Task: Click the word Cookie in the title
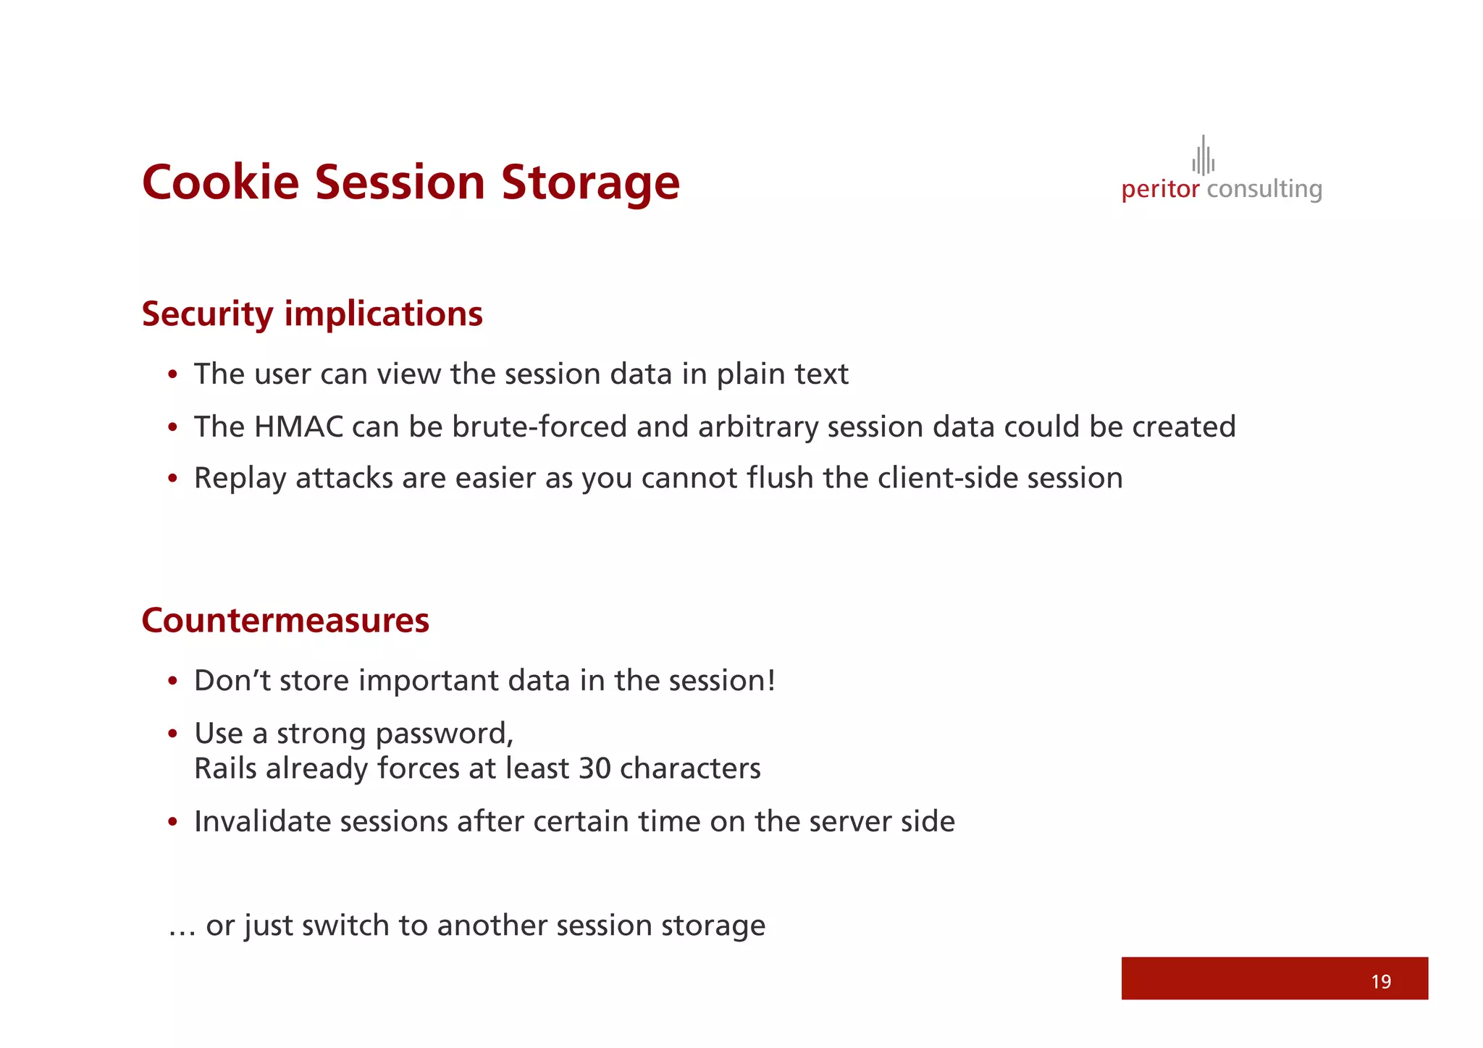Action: coord(220,182)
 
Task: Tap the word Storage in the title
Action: coord(590,182)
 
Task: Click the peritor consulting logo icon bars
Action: coord(1203,156)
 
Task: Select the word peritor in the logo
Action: coord(1160,190)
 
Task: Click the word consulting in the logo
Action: coord(1264,190)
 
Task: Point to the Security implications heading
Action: coord(312,314)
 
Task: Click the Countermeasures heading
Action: coord(285,621)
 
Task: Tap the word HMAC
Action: coord(298,427)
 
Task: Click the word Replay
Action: coord(240,479)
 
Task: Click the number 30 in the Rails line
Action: coord(595,768)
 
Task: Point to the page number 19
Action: coord(1380,981)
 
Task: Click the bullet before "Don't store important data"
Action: coord(172,682)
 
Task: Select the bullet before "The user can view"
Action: coord(172,375)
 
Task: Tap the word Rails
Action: coord(225,768)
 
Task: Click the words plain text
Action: coord(782,374)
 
